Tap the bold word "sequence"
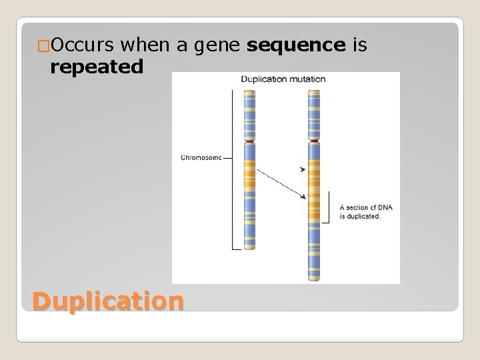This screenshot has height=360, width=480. [295, 45]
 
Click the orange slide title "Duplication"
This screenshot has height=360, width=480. [107, 301]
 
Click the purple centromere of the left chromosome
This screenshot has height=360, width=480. [249, 141]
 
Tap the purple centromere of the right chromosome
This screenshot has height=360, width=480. [314, 141]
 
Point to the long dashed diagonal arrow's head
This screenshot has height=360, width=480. [303, 197]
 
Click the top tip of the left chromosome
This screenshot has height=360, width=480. [249, 91]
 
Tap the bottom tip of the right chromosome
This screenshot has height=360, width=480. [314, 278]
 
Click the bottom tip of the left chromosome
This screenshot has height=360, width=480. [249, 248]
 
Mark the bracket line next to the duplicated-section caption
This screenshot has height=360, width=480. [329, 207]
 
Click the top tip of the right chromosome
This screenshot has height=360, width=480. [314, 91]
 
